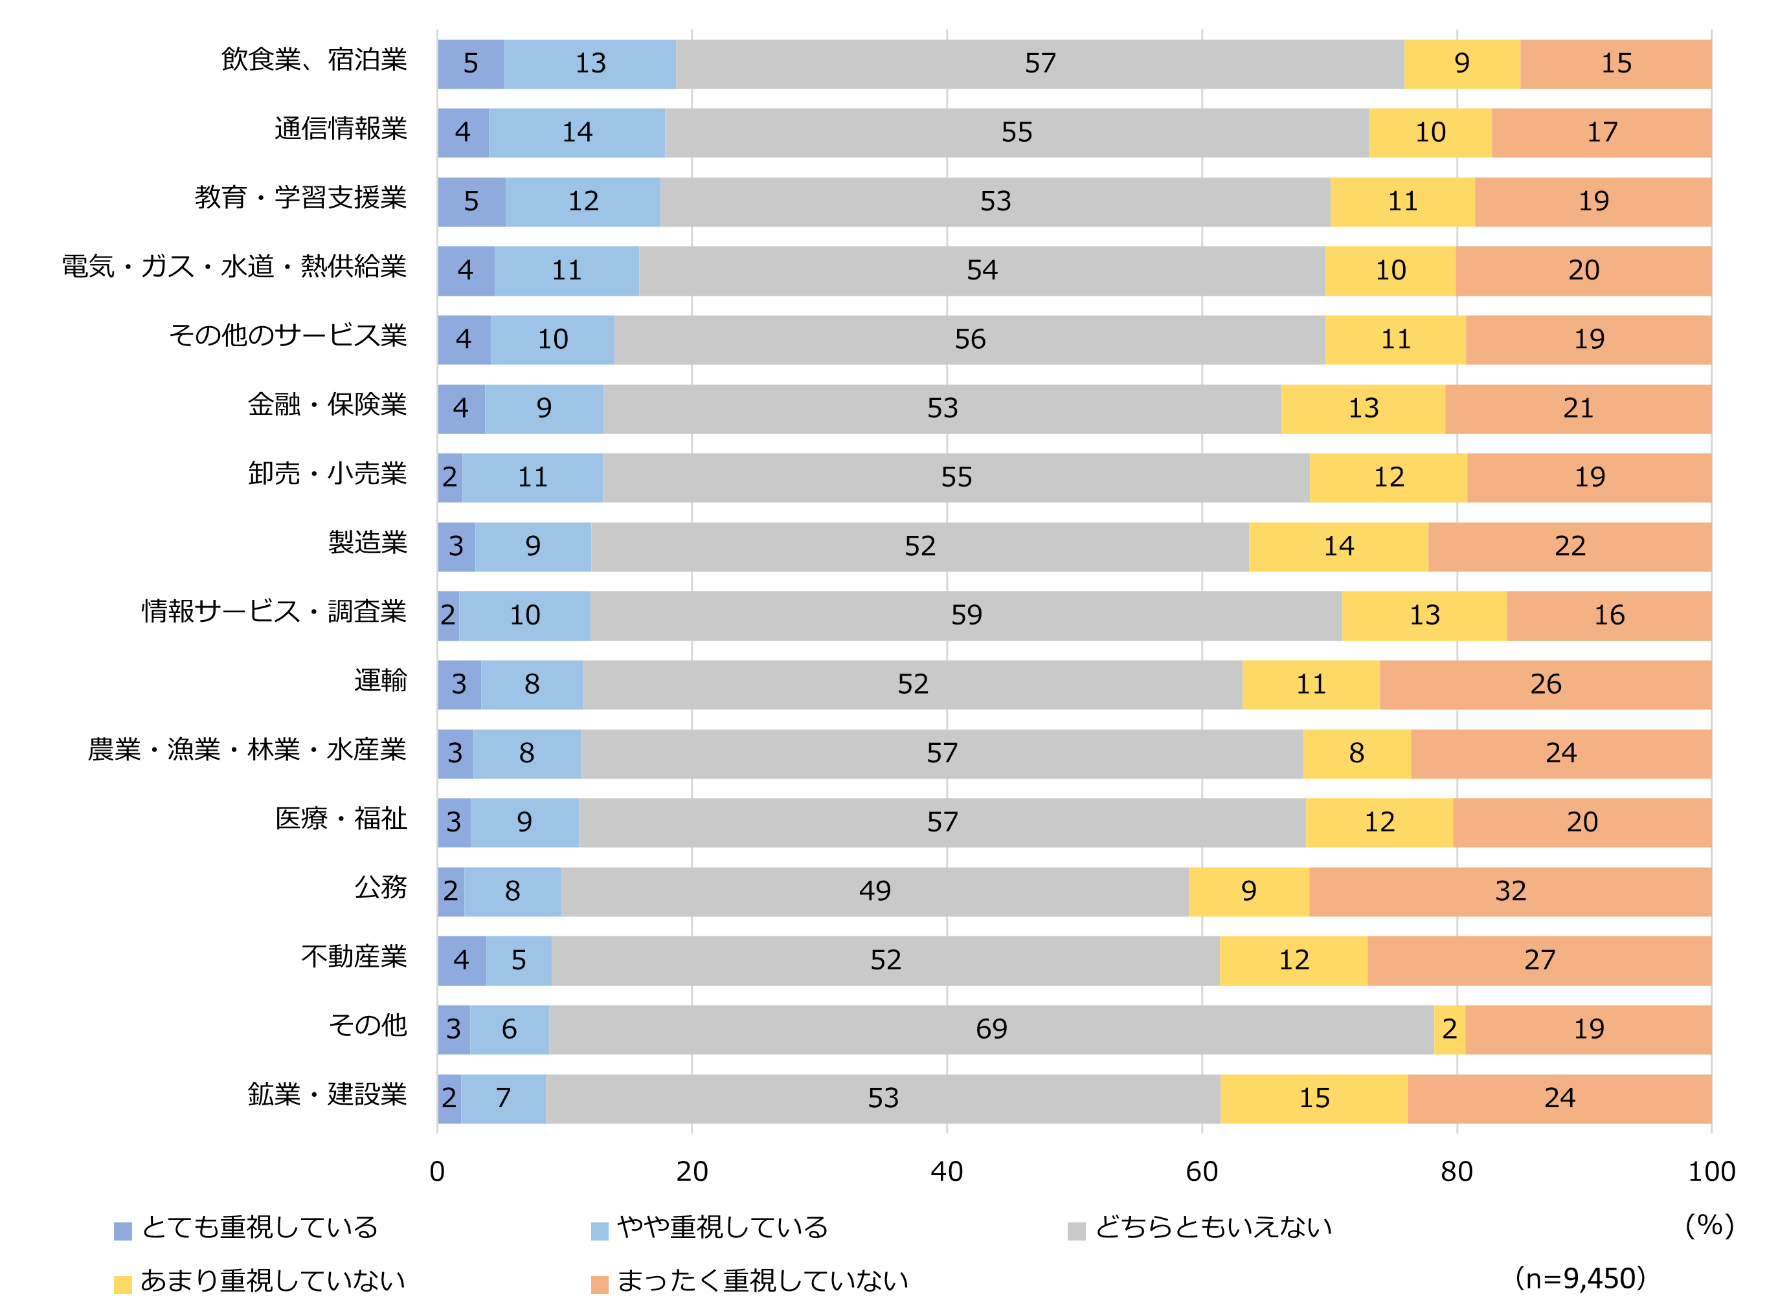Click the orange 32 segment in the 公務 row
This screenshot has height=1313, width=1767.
click(x=1509, y=891)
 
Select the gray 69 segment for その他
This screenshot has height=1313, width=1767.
click(x=991, y=1030)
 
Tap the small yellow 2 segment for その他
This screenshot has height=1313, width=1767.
click(x=1449, y=1030)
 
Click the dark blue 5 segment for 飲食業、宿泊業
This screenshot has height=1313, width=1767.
click(x=470, y=63)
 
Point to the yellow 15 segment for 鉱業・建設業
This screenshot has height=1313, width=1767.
click(x=1314, y=1098)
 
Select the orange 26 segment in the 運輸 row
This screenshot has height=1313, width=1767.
click(x=1545, y=684)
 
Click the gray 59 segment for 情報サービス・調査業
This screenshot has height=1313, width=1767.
click(x=965, y=615)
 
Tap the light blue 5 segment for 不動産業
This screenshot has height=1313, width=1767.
click(x=519, y=960)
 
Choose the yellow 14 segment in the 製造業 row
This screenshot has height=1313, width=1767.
click(x=1338, y=546)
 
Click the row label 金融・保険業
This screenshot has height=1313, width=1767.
click(x=327, y=404)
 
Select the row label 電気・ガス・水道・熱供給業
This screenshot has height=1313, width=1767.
click(x=234, y=267)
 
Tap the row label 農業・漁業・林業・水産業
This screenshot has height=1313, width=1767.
click(x=247, y=749)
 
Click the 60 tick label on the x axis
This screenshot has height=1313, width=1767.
click(x=1201, y=1171)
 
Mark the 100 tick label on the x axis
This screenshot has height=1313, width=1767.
click(x=1711, y=1171)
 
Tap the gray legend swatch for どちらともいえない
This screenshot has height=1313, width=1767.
click(x=1076, y=1231)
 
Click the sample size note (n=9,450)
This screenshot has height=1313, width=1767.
click(x=1579, y=1279)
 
